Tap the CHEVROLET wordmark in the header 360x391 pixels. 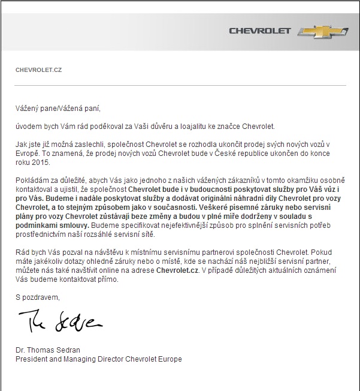pyautogui.click(x=259, y=31)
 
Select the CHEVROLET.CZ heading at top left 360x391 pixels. pyautogui.click(x=38, y=70)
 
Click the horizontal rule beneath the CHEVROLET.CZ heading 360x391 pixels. pyautogui.click(x=180, y=86)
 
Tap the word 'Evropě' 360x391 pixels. pyautogui.click(x=28, y=154)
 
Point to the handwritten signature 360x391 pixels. pyautogui.click(x=60, y=322)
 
